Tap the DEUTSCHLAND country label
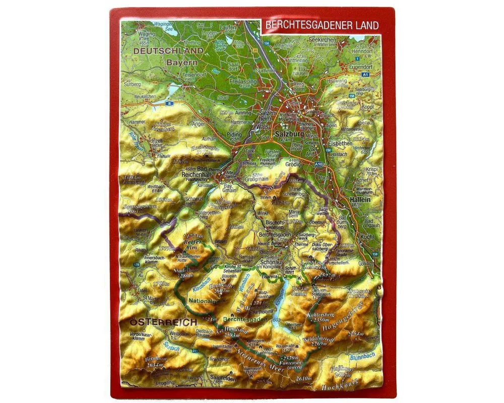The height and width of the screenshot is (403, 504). tap(165, 51)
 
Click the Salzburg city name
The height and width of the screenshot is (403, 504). tap(288, 134)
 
